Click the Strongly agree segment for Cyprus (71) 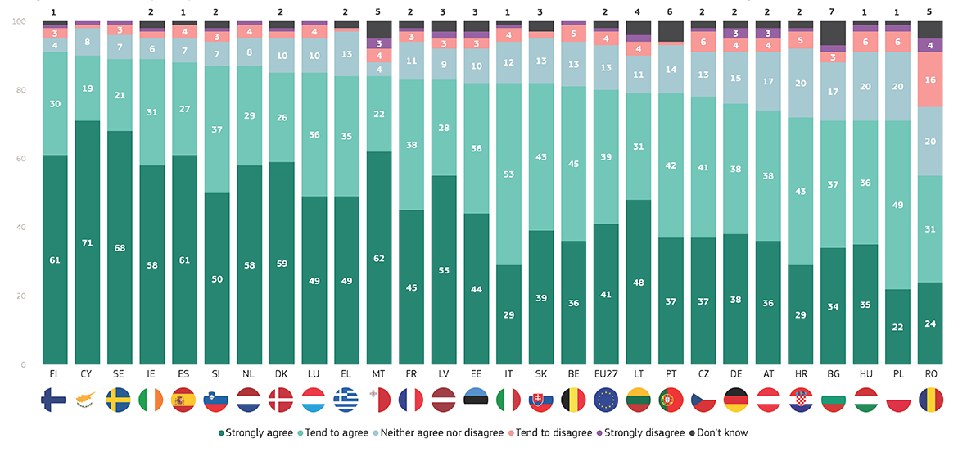pos(86,242)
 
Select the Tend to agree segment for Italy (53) pos(508,174)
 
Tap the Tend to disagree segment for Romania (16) pos(930,79)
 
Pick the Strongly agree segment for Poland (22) pos(897,326)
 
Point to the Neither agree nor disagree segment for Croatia pos(801,83)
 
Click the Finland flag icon pos(53,401)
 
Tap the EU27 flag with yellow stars pos(605,401)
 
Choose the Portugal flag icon pos(671,401)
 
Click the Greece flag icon pos(346,401)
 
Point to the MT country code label pos(378,375)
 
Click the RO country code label pos(930,375)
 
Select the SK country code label pos(540,375)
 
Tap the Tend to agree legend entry pos(338,432)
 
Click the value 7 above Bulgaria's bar pos(833,12)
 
